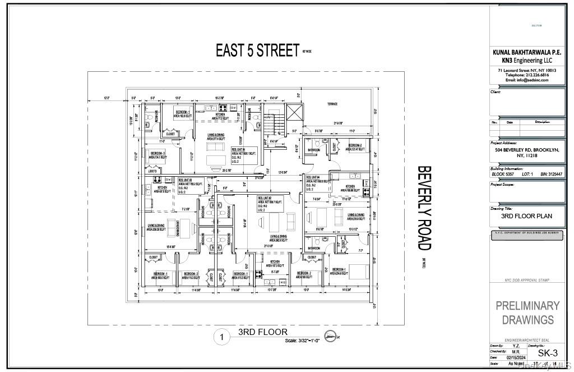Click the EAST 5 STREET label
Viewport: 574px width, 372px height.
(258, 50)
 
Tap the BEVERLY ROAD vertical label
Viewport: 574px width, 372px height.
(425, 208)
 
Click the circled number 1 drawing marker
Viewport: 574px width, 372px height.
(222, 337)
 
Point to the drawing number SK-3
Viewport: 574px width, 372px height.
(547, 353)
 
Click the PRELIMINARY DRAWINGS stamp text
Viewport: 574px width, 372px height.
(527, 313)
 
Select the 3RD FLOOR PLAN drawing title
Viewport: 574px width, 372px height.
(526, 215)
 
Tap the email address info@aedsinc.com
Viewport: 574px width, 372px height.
(527, 80)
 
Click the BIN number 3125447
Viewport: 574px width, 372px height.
(551, 174)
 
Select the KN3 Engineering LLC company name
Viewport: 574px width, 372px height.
(527, 59)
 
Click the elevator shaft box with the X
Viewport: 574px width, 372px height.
(294, 114)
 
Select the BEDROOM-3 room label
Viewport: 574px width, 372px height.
(158, 153)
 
